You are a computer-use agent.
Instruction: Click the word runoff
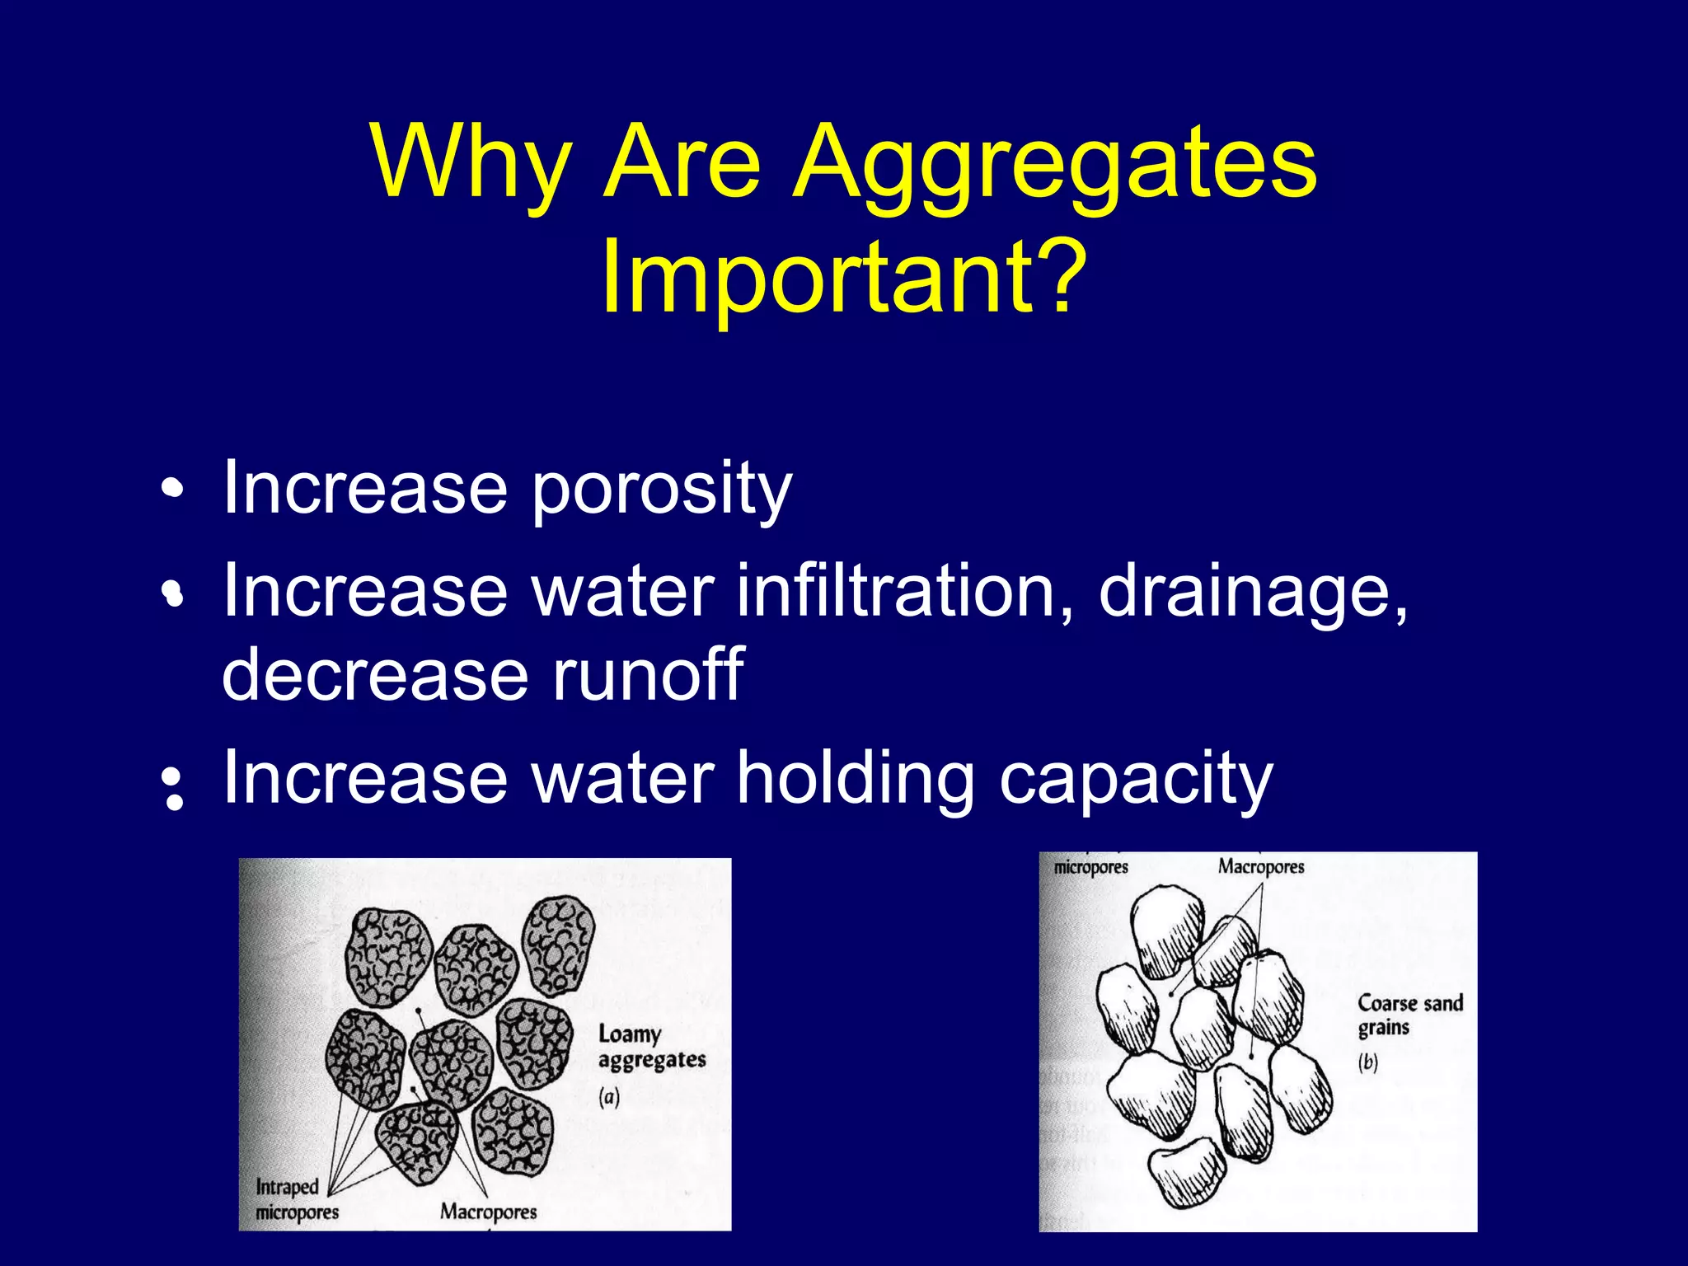(x=648, y=674)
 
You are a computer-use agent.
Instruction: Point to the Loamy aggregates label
(x=651, y=1047)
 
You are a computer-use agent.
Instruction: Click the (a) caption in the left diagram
(x=609, y=1097)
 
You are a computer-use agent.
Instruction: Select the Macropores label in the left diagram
(x=488, y=1211)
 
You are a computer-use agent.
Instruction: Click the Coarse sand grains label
(x=1409, y=1015)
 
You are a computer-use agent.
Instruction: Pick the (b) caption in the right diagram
(x=1368, y=1062)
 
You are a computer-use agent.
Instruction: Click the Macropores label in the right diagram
(x=1261, y=867)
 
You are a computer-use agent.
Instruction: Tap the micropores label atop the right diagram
(x=1090, y=868)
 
